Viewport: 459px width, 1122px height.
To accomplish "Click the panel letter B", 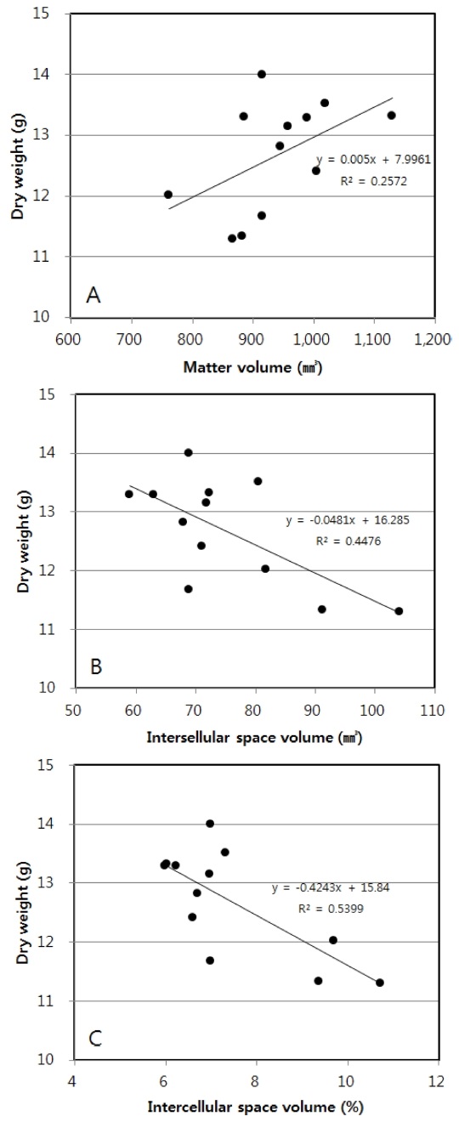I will pos(96,666).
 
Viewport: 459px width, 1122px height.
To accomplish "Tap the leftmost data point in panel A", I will pos(168,195).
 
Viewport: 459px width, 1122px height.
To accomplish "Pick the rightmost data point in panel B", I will pos(399,610).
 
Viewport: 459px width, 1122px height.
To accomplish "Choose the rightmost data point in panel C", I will pos(380,983).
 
